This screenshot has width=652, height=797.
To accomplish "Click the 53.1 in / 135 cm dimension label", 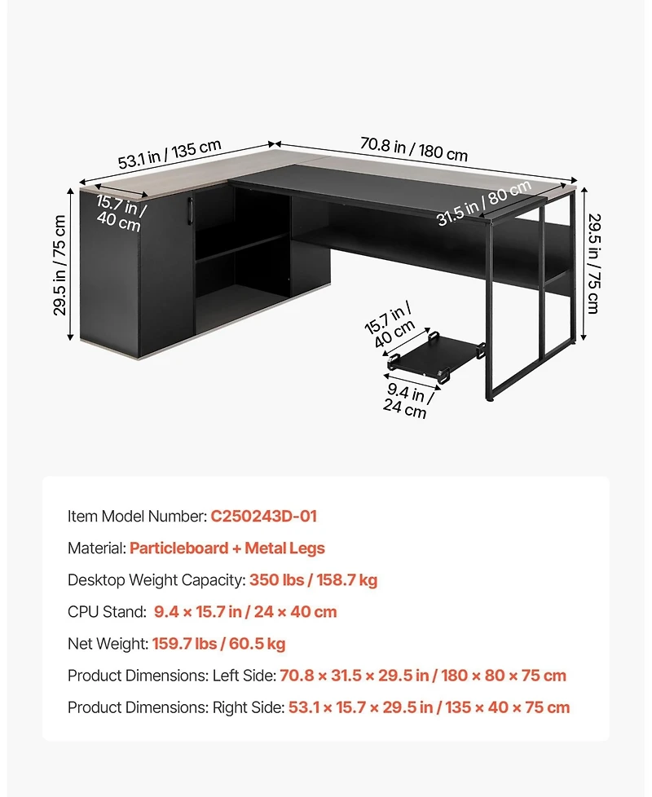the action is [x=170, y=154].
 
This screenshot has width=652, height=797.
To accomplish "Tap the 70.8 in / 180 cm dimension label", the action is [x=414, y=149].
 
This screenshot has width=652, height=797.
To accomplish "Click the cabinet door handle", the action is [x=189, y=209].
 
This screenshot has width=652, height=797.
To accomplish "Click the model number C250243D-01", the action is [x=263, y=516].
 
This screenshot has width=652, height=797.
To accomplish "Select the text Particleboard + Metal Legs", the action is [x=227, y=548].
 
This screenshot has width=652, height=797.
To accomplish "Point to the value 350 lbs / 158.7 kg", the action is [x=313, y=580].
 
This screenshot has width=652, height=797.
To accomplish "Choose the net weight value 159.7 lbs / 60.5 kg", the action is [x=218, y=644].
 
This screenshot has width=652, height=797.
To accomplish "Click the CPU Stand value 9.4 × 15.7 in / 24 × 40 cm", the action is [x=244, y=612].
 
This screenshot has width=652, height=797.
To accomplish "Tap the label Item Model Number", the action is [x=136, y=516].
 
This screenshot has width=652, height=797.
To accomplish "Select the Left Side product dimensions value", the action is [x=423, y=676].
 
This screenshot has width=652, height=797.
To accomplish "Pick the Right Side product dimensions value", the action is [x=429, y=707].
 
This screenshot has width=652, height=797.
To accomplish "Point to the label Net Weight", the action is [x=107, y=644].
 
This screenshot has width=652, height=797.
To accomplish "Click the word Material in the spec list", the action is [x=95, y=548].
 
